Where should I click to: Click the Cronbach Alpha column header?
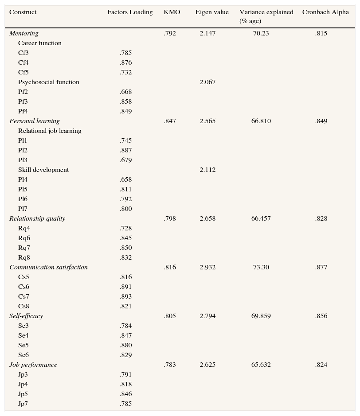click(321, 12)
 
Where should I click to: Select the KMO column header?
click(172, 12)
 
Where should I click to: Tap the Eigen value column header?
click(212, 12)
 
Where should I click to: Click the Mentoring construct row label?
click(24, 34)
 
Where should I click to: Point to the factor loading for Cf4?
click(125, 63)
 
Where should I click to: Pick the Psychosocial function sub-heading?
click(49, 82)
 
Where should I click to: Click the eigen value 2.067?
click(207, 82)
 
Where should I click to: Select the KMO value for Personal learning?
click(170, 121)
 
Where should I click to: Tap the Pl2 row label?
click(23, 151)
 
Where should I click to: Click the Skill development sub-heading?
click(43, 170)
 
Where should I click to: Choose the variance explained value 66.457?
click(261, 219)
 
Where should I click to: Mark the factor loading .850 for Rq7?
click(125, 248)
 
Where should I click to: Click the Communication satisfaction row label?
click(48, 268)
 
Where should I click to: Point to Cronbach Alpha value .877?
click(321, 268)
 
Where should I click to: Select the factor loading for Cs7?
click(125, 297)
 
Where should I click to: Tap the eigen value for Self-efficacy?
click(207, 316)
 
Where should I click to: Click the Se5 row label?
click(23, 346)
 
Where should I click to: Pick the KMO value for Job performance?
click(170, 365)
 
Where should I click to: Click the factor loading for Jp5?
click(125, 394)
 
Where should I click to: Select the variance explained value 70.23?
click(261, 34)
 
